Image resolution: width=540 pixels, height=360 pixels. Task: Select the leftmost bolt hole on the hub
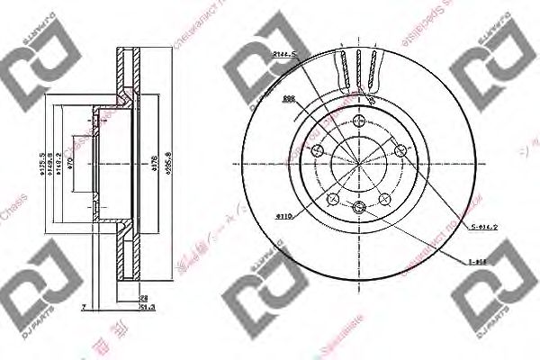(316, 151)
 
